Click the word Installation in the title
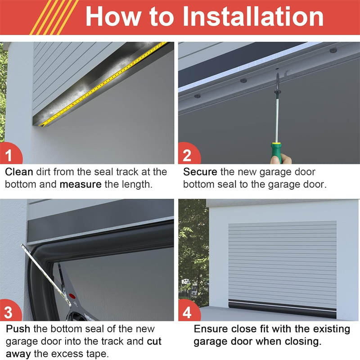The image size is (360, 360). tap(252, 17)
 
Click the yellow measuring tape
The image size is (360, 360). tap(103, 83)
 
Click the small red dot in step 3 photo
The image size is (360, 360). tap(72, 296)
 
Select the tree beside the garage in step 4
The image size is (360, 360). tap(193, 252)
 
